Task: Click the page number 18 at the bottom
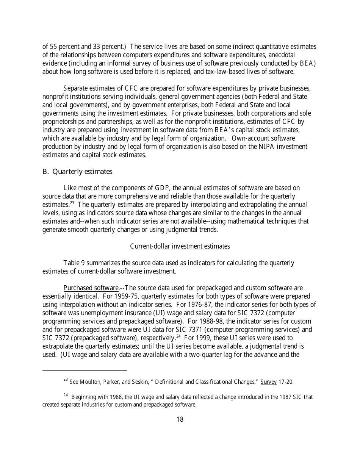click(x=180, y=419)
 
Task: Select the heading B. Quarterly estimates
click(x=77, y=172)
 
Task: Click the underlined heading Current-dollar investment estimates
click(x=180, y=246)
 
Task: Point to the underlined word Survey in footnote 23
click(x=268, y=382)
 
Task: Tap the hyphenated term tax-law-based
click(x=225, y=72)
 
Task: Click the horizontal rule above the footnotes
click(x=85, y=370)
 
